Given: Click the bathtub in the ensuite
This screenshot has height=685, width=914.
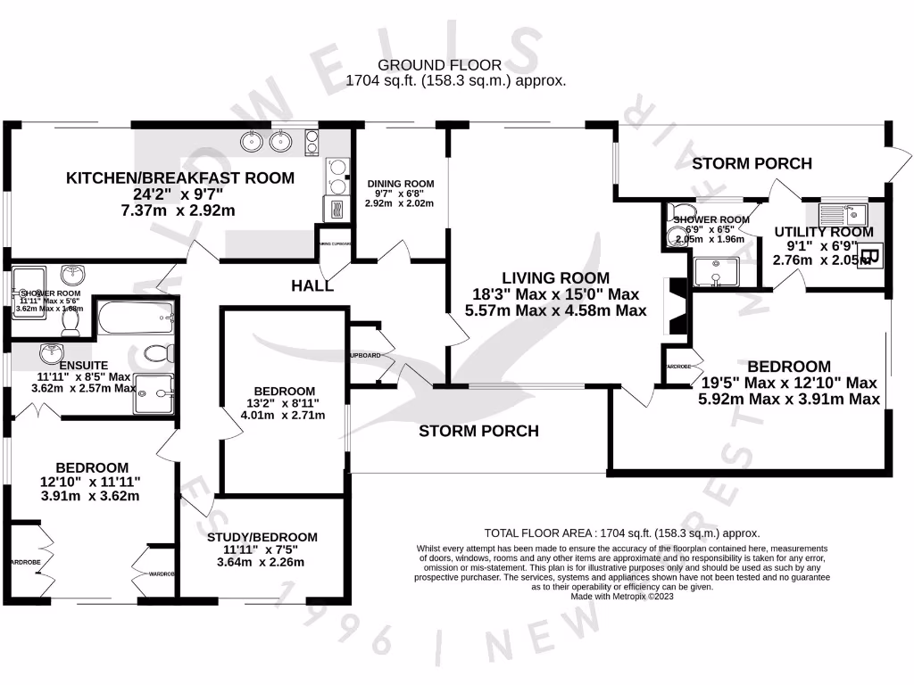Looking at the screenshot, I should (x=134, y=317).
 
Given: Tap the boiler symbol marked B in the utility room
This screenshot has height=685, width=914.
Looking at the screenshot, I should (x=871, y=257).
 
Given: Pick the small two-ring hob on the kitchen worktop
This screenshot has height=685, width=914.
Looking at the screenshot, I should (x=313, y=141).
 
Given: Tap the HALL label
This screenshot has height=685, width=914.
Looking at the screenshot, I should (x=312, y=285).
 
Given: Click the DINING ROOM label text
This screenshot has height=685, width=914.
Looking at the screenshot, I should (x=401, y=184).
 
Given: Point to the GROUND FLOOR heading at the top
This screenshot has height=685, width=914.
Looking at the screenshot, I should (x=439, y=65).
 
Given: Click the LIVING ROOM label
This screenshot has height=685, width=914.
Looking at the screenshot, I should (x=555, y=277).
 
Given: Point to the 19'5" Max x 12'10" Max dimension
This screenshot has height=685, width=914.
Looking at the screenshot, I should (x=789, y=383).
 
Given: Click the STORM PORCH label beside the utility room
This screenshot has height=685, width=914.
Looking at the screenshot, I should (x=752, y=163).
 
